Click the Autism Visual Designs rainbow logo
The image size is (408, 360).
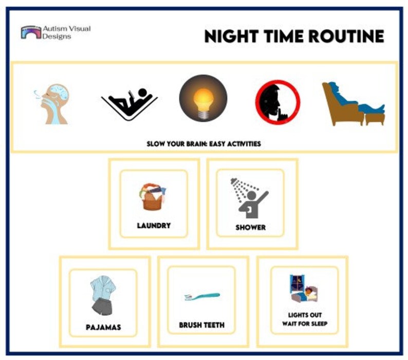point(31,32)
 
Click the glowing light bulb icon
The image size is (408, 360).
point(203,98)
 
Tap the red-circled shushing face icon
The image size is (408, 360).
point(277,102)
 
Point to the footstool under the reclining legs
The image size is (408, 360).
point(374,117)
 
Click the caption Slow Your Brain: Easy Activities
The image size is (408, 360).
point(203,143)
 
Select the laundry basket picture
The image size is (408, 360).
point(153,197)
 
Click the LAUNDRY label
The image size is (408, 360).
point(154,225)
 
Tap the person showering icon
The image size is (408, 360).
point(250,197)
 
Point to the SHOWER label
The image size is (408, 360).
point(250,227)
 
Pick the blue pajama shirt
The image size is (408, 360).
point(103,289)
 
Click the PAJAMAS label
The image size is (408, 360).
point(103,327)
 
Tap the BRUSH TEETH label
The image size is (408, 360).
point(201,325)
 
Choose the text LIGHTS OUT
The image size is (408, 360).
point(305,315)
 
